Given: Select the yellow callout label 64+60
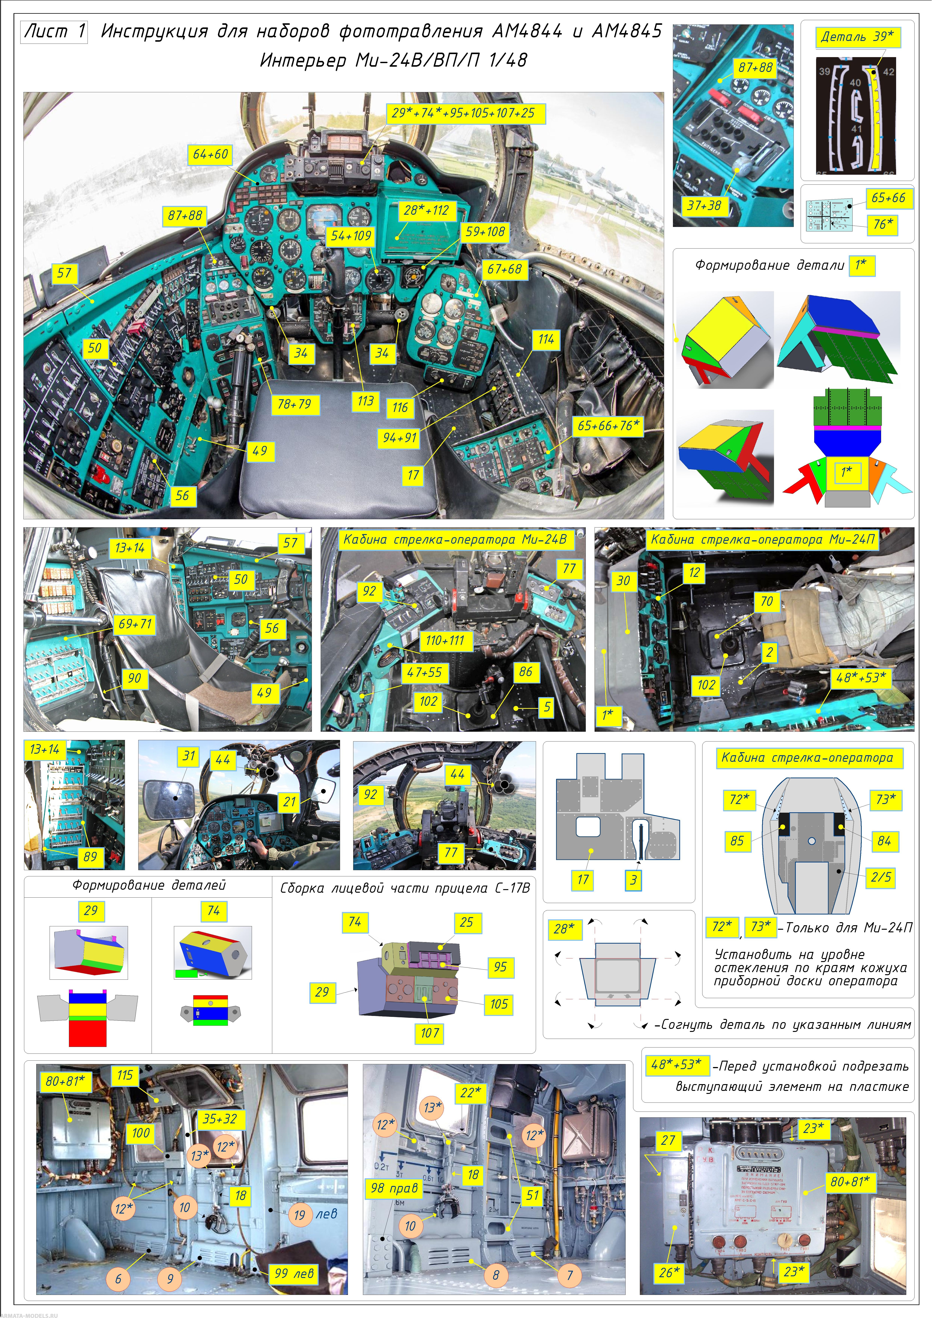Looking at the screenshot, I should coord(210,154).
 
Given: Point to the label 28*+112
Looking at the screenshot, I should coord(426,210).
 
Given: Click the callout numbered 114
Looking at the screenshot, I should coord(546,339).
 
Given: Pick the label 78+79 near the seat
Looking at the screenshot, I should coord(294,404).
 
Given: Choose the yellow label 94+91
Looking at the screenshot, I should coord(400,437).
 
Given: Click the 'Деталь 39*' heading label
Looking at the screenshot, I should coord(857,37).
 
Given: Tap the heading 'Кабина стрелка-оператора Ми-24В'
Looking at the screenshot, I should coord(454,540).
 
